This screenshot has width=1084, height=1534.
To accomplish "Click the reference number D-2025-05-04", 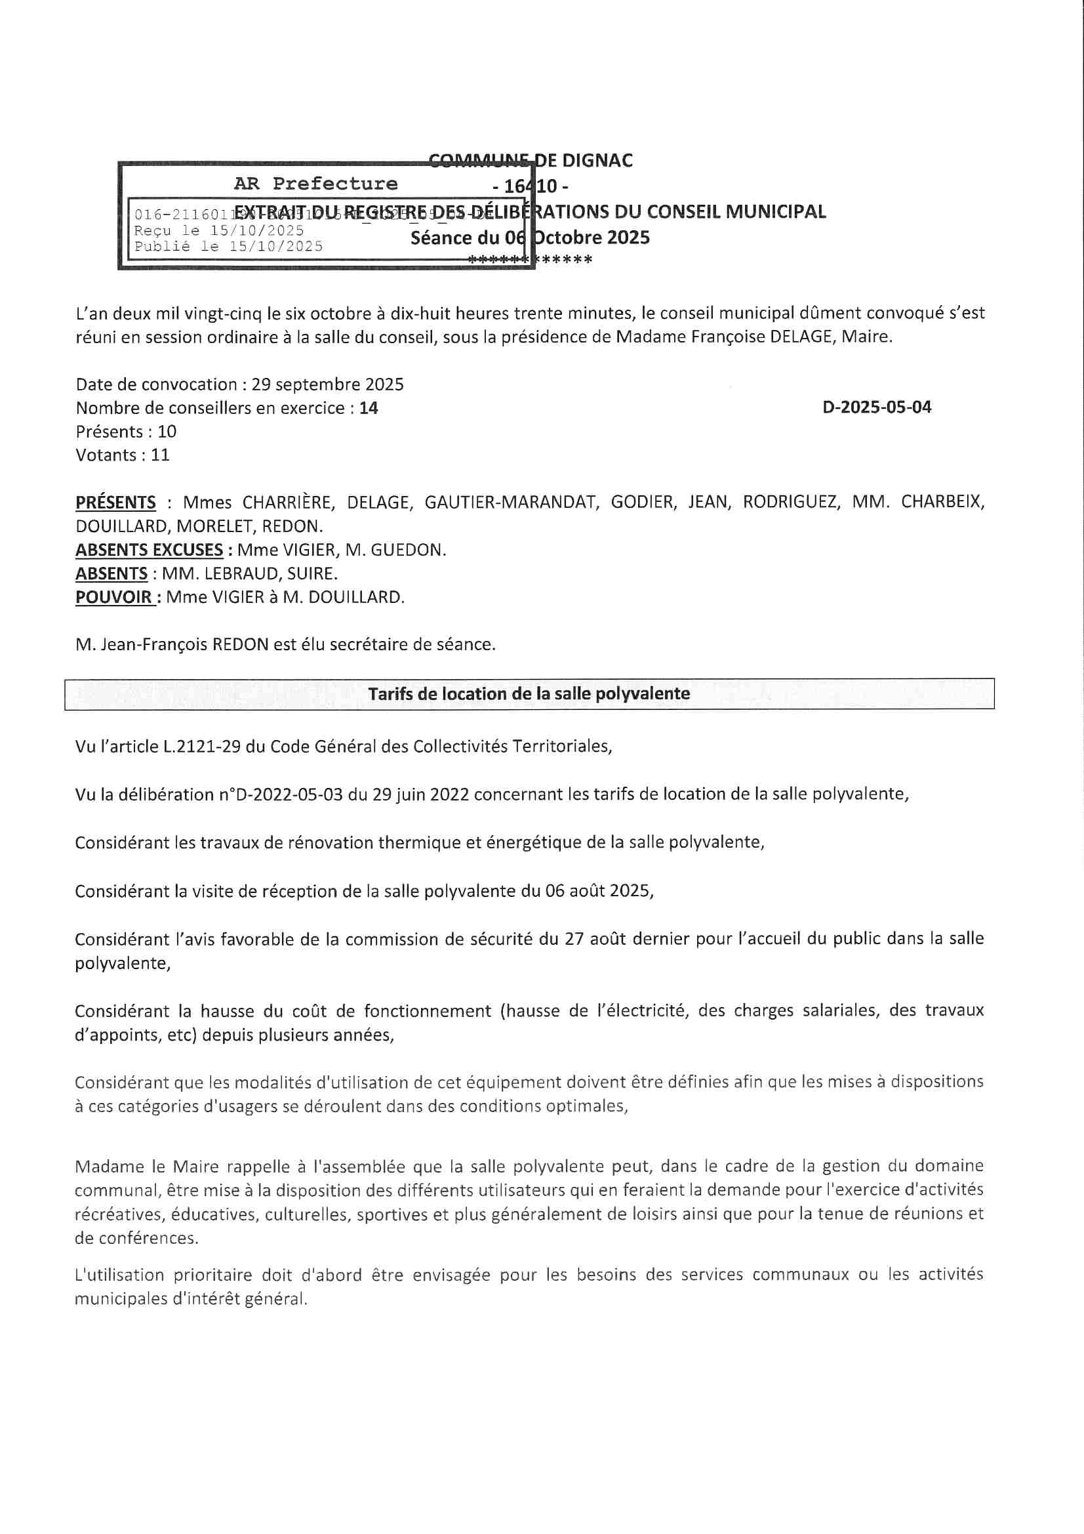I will [x=876, y=407].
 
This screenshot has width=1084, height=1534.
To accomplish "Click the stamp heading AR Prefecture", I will [x=315, y=184].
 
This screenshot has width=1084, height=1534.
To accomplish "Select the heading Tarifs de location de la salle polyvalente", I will [x=529, y=694].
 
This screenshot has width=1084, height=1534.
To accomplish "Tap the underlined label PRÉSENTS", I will [x=115, y=503].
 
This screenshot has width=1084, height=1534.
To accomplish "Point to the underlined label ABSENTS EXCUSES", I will [x=149, y=550].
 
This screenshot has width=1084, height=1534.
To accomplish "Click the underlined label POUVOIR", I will [x=113, y=597].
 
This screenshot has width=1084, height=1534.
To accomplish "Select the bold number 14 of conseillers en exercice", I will [x=369, y=408].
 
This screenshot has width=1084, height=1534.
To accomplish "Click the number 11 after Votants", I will [x=160, y=455].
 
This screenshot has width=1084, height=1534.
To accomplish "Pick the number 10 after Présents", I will [x=167, y=432].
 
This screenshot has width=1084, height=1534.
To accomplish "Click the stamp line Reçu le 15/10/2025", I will [x=219, y=230].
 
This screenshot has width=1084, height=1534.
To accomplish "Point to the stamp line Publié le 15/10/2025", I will [x=228, y=247].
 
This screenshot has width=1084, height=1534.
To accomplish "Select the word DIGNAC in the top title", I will [x=598, y=160].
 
